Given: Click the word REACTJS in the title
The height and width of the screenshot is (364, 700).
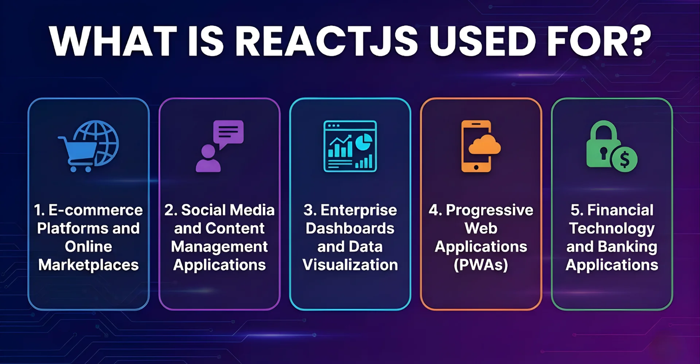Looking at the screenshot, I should (326, 41).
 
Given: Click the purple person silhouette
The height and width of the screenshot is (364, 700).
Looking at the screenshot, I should (208, 159).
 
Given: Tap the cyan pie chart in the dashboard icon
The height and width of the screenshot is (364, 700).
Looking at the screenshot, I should (363, 142).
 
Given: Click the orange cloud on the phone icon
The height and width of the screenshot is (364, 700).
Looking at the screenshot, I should (485, 145).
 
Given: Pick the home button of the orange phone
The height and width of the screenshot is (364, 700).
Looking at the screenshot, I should (476, 167).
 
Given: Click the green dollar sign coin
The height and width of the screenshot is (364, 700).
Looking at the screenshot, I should (625, 159).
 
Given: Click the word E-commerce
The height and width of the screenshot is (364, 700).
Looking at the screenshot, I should (96, 210).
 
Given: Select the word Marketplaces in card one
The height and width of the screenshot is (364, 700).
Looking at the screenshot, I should (89, 265).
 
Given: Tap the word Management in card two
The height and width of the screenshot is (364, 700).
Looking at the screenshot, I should (219, 247).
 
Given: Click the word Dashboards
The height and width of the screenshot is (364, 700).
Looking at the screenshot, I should (350, 229).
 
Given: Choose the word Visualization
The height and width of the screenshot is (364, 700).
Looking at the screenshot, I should (350, 265).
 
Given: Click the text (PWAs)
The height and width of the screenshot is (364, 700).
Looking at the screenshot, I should (481, 265).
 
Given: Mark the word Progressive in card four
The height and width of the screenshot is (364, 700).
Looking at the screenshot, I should (489, 210).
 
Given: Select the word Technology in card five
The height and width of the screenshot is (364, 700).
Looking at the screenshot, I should (612, 229).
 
